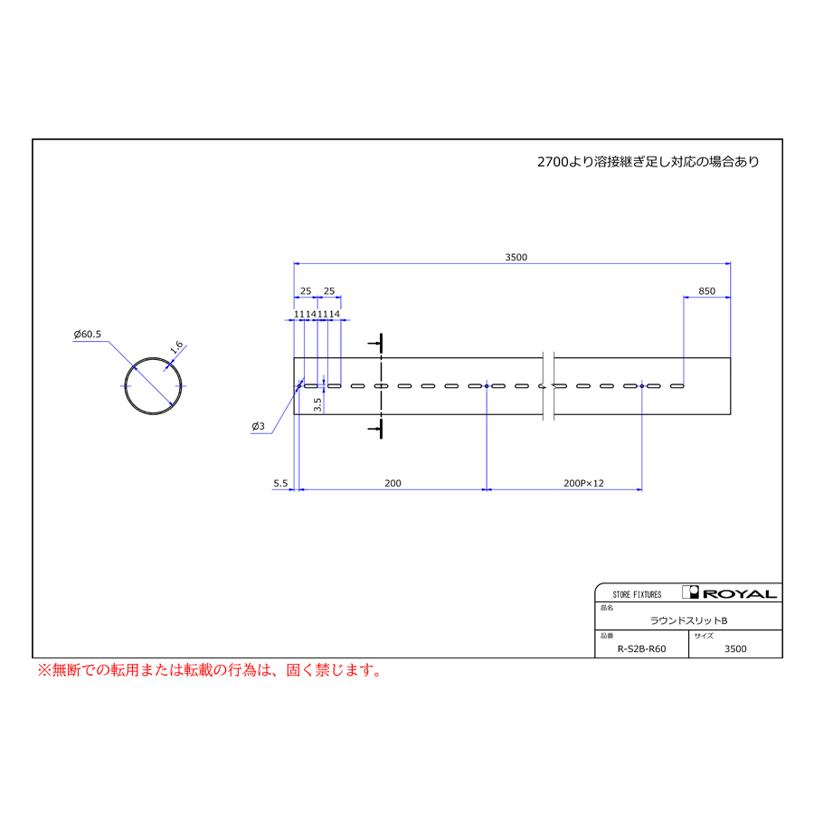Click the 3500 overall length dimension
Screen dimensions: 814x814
point(516,257)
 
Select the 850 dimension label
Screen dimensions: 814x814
point(706,290)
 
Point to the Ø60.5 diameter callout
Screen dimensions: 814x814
point(87,334)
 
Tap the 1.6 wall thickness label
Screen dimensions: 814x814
point(176,346)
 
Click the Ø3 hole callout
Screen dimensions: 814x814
point(258,426)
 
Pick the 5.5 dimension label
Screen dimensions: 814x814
point(280,483)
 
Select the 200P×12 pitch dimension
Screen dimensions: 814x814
point(583,483)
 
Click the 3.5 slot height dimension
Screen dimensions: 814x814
point(317,405)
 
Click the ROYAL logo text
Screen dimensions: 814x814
point(739,593)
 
